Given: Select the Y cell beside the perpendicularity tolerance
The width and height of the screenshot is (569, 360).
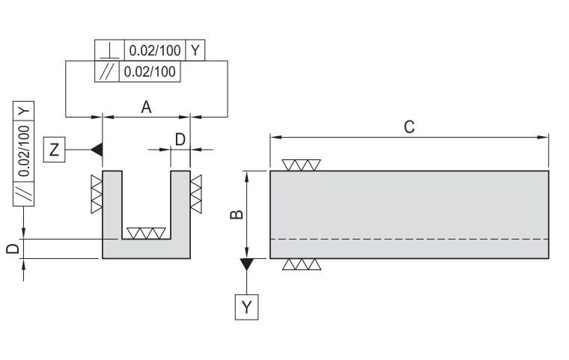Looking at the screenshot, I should (x=195, y=51).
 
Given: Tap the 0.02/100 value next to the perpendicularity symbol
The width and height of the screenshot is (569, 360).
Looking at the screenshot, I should (x=154, y=51).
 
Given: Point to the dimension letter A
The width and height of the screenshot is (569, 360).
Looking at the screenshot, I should (x=147, y=107).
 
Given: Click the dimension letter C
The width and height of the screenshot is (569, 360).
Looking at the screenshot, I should (x=409, y=126).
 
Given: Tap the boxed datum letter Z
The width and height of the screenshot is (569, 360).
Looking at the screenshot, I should (x=54, y=149).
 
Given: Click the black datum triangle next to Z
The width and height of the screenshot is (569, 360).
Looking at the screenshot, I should (x=96, y=149).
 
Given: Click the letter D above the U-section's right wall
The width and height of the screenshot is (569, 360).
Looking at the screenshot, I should (x=180, y=139).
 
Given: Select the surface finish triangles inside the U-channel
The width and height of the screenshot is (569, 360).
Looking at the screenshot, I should (x=146, y=233).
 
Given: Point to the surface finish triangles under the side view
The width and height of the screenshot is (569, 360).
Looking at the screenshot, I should (x=302, y=264).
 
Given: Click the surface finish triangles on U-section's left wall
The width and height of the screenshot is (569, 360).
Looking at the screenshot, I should (x=96, y=193).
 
